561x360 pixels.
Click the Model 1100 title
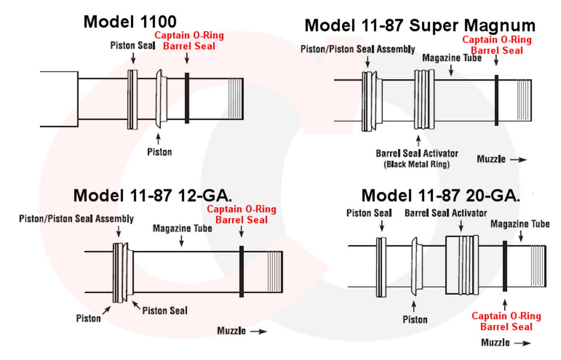(x=130, y=22)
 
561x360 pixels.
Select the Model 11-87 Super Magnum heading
(x=420, y=25)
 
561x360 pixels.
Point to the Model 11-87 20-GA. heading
(x=440, y=195)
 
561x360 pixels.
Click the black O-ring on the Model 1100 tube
(x=187, y=98)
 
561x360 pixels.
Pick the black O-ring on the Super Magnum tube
(x=496, y=99)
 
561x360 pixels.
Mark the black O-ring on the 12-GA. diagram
(x=241, y=271)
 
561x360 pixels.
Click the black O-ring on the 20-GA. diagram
(x=504, y=266)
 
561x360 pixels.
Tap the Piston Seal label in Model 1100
(x=133, y=45)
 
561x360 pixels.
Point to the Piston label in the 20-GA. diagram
(x=415, y=319)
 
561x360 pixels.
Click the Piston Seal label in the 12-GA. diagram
(x=164, y=311)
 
